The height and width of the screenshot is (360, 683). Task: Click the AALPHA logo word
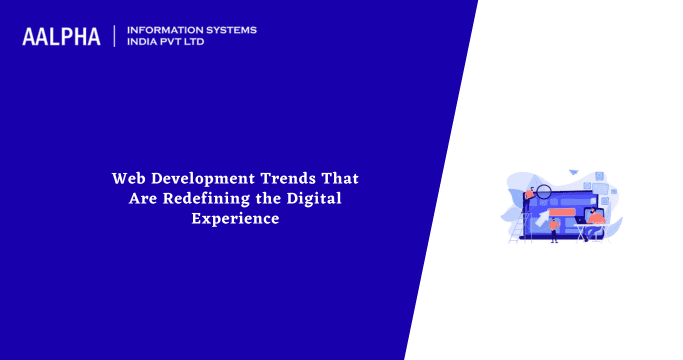(62, 37)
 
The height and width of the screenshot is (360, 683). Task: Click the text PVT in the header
(181, 43)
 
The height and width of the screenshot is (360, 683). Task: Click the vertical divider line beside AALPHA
(115, 36)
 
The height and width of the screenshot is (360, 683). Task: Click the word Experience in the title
(235, 218)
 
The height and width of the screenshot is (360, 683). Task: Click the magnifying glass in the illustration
(544, 191)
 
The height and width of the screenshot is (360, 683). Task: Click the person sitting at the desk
(596, 217)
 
